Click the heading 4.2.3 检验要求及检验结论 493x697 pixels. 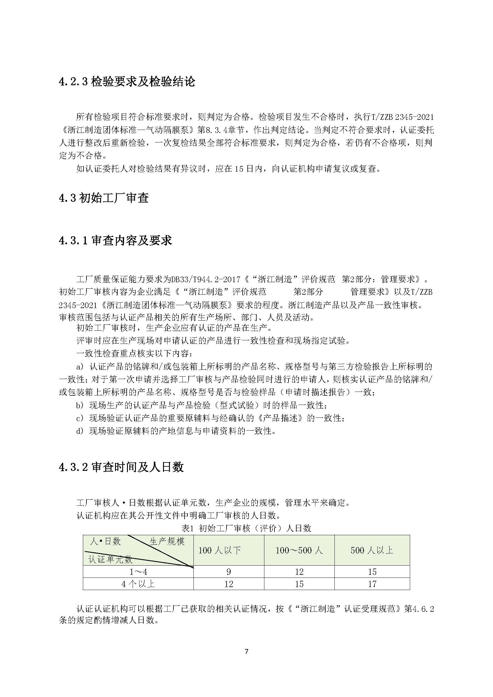[127, 82]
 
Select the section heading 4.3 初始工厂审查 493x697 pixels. [103, 198]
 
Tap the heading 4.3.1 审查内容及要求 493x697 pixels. [115, 240]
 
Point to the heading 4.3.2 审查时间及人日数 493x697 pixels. [121, 467]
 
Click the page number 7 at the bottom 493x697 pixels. [246, 651]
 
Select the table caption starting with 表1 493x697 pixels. [246, 528]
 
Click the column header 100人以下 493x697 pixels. [219, 550]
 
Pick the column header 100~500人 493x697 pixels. [299, 550]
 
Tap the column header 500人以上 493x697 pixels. [372, 550]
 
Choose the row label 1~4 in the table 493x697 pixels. [138, 572]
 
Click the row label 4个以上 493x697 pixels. [138, 584]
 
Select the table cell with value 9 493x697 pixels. [229, 572]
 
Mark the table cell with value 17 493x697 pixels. [372, 584]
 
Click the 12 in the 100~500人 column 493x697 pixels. [299, 572]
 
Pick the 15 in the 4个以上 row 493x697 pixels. [299, 584]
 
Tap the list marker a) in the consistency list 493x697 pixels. [80, 367]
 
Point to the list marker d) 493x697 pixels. [80, 431]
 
